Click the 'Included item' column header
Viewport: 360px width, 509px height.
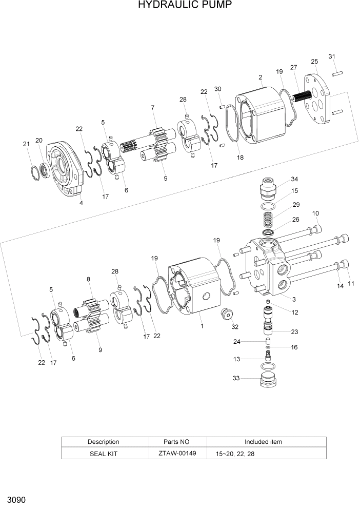(x=263, y=442)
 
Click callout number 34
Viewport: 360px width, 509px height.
(x=294, y=179)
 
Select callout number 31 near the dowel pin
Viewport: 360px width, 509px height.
(x=332, y=56)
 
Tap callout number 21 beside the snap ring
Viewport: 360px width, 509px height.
(x=26, y=144)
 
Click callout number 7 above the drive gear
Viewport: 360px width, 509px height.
(x=153, y=108)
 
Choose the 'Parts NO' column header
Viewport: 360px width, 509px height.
(x=177, y=442)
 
